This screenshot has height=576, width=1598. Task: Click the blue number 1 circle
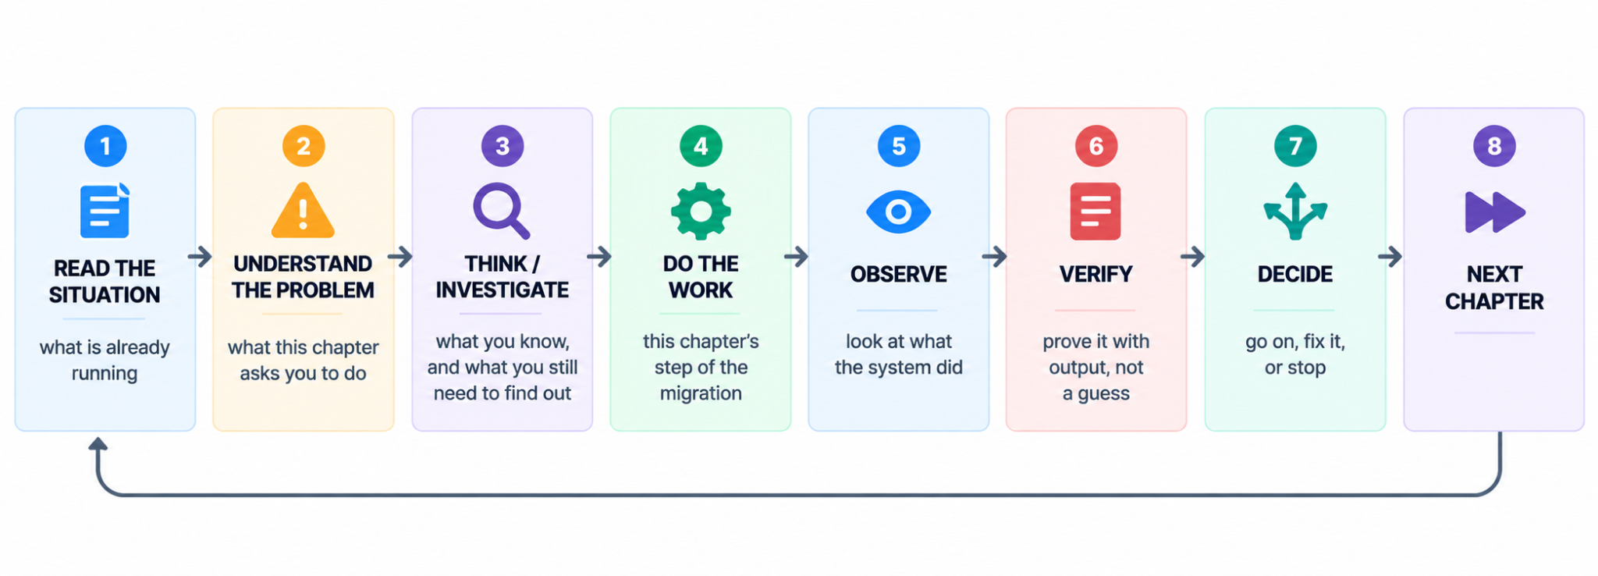pyautogui.click(x=105, y=146)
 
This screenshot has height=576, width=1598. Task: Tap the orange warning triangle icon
pyautogui.click(x=304, y=211)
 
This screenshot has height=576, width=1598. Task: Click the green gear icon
pyautogui.click(x=701, y=211)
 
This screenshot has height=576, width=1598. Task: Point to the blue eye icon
pyautogui.click(x=899, y=212)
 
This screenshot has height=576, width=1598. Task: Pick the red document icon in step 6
pyautogui.click(x=1096, y=211)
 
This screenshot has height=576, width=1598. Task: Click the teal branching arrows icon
pyautogui.click(x=1295, y=211)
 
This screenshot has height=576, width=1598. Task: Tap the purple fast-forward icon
pyautogui.click(x=1494, y=212)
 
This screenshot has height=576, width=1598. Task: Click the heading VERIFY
pyautogui.click(x=1096, y=274)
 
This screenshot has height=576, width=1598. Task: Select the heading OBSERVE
pyautogui.click(x=899, y=274)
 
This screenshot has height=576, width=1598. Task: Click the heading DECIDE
pyautogui.click(x=1295, y=274)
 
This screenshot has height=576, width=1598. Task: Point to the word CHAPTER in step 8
pyautogui.click(x=1494, y=301)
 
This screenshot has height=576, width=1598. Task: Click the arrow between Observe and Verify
pyautogui.click(x=995, y=256)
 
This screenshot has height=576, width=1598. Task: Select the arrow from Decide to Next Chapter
pyautogui.click(x=1390, y=256)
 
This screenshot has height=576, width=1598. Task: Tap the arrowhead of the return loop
pyautogui.click(x=98, y=443)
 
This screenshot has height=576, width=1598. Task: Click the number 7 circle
pyautogui.click(x=1295, y=146)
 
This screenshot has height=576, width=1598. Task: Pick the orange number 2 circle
pyautogui.click(x=304, y=146)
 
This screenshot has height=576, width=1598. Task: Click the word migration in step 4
pyautogui.click(x=701, y=393)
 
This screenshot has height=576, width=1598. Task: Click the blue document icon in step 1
pyautogui.click(x=105, y=211)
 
